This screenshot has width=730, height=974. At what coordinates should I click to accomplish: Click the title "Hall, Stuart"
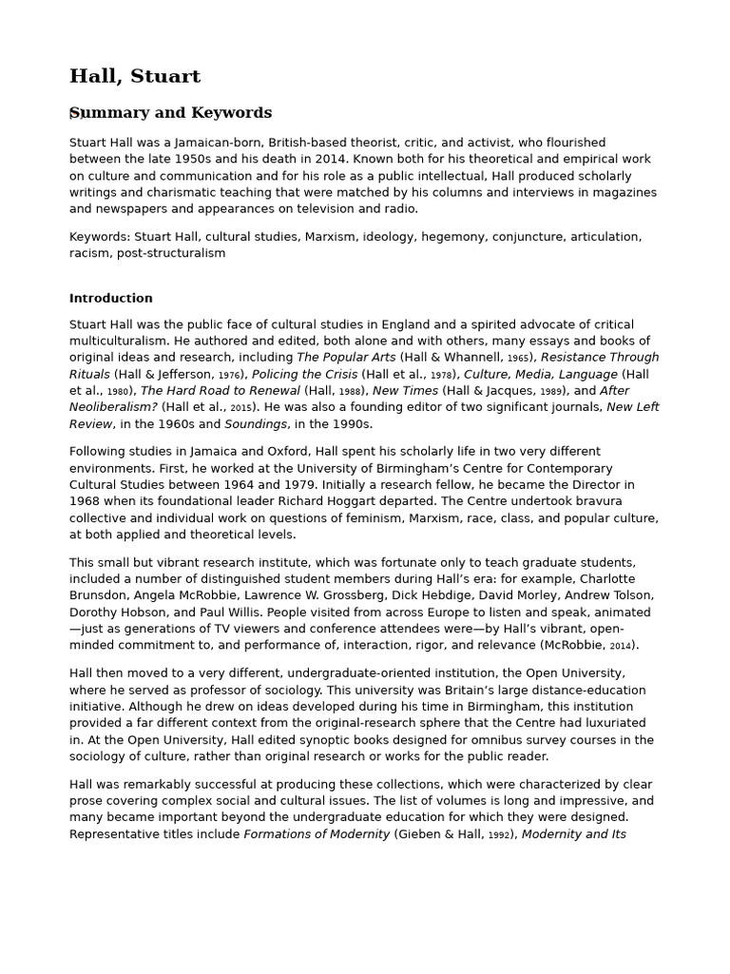pos(135,76)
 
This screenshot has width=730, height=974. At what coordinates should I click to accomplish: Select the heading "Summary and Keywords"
pos(171,113)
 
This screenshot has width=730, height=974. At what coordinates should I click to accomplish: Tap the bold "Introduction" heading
pos(111,298)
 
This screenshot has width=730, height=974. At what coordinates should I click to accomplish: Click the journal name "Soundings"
pos(260,424)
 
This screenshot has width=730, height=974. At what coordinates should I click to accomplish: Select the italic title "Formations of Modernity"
pos(317,834)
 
